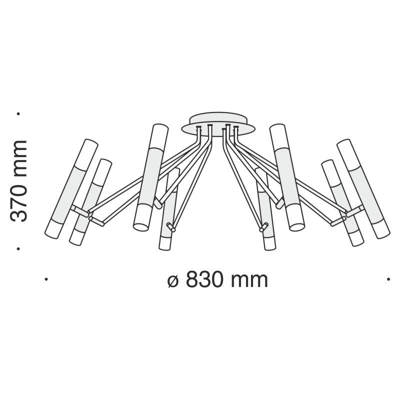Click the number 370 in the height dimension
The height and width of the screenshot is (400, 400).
pos(19,202)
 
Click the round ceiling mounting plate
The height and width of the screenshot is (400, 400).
pos(218,122)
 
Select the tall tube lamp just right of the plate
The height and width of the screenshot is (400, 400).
pos(286,177)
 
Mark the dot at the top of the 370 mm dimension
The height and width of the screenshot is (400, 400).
pos(18,113)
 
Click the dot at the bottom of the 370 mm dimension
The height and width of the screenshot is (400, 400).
pos(18,247)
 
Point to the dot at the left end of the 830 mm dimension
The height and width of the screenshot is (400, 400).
pos(46,280)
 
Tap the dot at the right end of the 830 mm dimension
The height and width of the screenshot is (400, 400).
pos(388,280)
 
